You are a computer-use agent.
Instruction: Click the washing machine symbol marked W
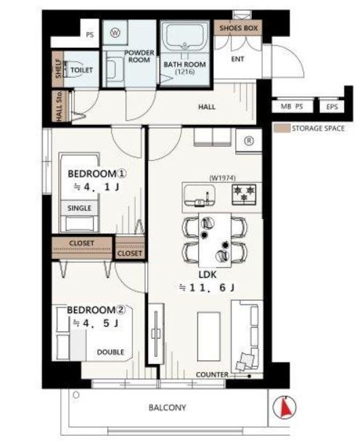[x=115, y=33]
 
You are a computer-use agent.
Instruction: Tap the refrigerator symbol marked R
[x=249, y=141]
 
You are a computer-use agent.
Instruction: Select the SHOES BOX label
[x=239, y=28]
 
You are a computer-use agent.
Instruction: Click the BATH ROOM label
[x=184, y=65]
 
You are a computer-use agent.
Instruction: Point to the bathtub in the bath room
[x=185, y=36]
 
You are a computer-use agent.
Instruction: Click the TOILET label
[x=81, y=70]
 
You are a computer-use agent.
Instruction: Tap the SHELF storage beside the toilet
[x=58, y=69]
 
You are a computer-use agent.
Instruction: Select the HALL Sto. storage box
[x=60, y=106]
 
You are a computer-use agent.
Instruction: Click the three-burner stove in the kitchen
[x=244, y=194]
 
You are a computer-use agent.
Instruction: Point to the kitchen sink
[x=200, y=195]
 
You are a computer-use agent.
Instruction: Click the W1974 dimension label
[x=222, y=178]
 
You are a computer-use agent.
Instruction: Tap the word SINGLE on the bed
[x=79, y=208]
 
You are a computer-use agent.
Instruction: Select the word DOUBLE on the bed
[x=110, y=352]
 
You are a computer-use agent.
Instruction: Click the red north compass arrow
[x=285, y=407]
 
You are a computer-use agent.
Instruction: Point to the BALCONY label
[x=167, y=408]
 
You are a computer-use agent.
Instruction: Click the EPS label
[x=332, y=107]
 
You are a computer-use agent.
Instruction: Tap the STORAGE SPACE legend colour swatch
[x=282, y=128]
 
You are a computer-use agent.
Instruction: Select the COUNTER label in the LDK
[x=212, y=375]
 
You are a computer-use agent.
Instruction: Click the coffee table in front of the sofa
[x=209, y=336]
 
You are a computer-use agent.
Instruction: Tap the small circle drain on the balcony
[x=76, y=395]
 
